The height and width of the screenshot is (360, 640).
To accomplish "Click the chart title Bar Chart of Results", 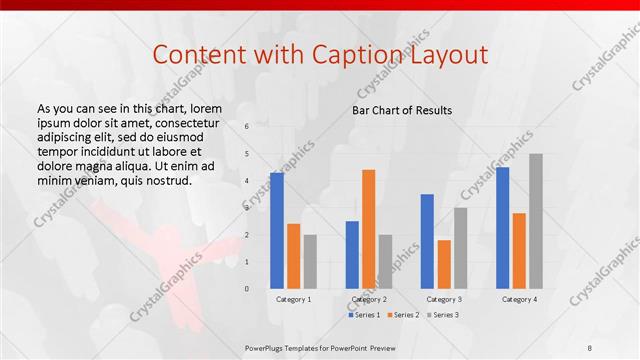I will [402, 110].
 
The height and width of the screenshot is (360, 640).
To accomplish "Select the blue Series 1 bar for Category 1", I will [276, 230].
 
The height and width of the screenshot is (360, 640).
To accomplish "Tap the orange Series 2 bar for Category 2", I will [368, 228].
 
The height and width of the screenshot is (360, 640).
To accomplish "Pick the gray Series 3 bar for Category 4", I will [535, 220].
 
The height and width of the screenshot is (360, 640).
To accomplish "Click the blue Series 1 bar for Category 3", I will [427, 240].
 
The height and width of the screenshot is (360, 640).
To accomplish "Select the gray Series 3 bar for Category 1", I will [310, 261].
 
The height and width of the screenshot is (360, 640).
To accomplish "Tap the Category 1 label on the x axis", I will [293, 299].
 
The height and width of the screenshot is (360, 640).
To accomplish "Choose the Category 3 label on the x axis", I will [444, 299].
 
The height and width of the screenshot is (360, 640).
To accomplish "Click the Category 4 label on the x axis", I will [519, 299].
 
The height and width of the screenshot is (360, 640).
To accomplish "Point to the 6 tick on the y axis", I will [248, 127].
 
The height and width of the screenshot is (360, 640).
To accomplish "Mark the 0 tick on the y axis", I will [248, 288].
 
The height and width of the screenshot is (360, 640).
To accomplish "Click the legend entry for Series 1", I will [364, 315].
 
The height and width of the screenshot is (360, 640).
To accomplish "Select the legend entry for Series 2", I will [402, 315].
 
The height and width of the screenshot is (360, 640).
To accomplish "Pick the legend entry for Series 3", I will [440, 315].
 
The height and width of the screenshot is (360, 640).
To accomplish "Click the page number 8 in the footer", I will [590, 348].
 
